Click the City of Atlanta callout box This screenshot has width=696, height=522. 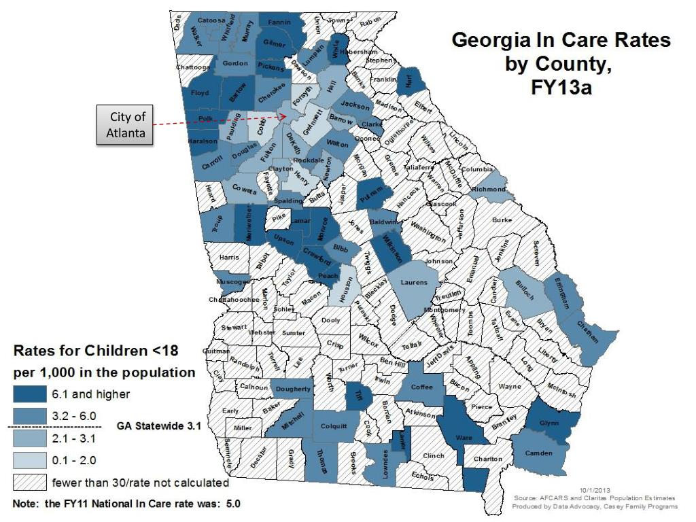click(x=126, y=125)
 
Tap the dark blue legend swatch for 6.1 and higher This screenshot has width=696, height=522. click(x=29, y=394)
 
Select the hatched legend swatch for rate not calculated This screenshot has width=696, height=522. click(x=29, y=483)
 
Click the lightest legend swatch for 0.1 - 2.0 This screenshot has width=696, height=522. click(x=29, y=461)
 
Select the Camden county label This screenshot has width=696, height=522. click(x=539, y=453)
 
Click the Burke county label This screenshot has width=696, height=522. click(x=502, y=220)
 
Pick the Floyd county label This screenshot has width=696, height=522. click(x=200, y=93)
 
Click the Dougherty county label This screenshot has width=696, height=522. click(x=294, y=389)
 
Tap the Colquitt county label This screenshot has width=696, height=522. click(x=334, y=426)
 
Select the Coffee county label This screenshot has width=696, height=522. click(x=421, y=387)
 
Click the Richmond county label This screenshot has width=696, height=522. click(x=489, y=189)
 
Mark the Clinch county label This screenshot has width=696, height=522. click(x=433, y=455)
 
